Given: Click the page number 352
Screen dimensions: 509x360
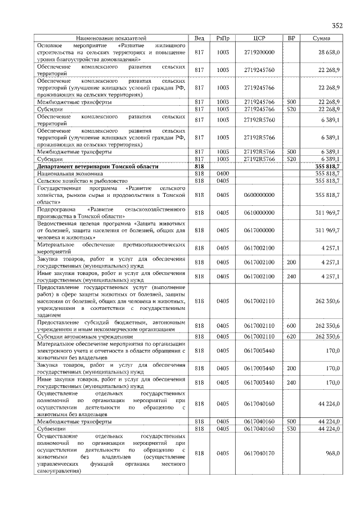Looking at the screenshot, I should coord(336,26).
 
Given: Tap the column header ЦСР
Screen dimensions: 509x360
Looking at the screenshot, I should coord(259,38).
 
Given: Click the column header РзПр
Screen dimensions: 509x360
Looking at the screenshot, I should coord(223,38).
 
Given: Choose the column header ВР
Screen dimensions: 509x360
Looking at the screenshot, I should coord(291,38).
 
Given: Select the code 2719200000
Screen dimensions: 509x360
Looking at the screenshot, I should coord(259,52).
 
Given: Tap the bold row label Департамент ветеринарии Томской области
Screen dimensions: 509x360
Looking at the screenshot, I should coord(98,167).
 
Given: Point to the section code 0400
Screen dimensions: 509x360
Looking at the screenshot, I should coord(223,174).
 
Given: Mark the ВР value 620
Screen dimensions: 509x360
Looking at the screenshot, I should coord(291,336).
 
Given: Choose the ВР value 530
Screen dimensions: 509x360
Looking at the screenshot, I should coord(291,429).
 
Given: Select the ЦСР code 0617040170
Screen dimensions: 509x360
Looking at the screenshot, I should coord(259,453).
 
